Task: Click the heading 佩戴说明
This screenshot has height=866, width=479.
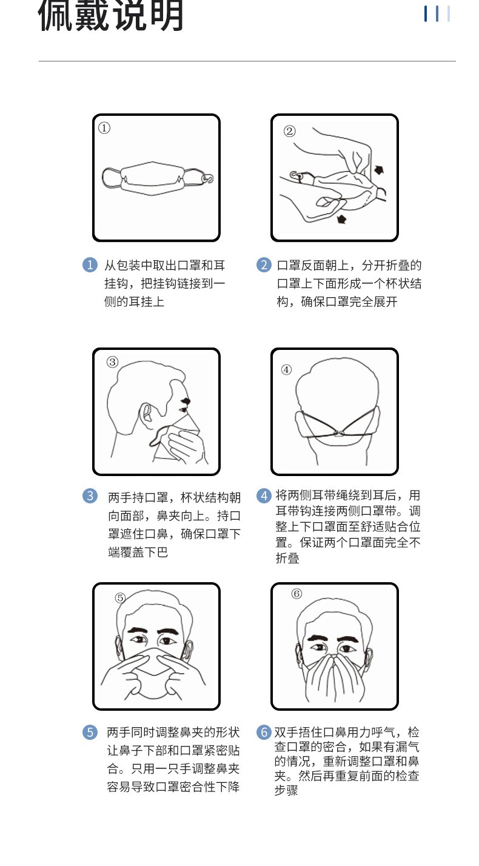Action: click(x=110, y=16)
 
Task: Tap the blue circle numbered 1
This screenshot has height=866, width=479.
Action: click(x=90, y=265)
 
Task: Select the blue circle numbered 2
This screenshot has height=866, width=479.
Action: click(x=264, y=265)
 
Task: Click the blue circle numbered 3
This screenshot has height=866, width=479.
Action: click(x=90, y=496)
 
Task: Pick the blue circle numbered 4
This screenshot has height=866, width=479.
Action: click(x=264, y=495)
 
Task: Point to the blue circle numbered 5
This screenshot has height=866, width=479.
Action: click(x=90, y=732)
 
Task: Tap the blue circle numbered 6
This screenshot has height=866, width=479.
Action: click(x=264, y=732)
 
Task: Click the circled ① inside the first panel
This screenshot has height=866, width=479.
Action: click(x=104, y=128)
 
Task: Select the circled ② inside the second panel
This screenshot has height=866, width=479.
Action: click(x=290, y=132)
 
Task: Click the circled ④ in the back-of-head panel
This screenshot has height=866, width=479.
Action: click(x=286, y=369)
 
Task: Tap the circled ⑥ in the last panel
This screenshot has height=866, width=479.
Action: click(x=296, y=594)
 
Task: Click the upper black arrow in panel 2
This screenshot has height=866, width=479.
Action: click(x=379, y=169)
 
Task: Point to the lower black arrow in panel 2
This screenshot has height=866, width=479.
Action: click(x=341, y=219)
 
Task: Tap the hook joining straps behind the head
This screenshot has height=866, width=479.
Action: click(x=339, y=434)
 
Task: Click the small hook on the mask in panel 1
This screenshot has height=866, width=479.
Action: click(x=209, y=178)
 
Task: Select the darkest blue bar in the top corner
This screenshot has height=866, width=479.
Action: click(x=426, y=13)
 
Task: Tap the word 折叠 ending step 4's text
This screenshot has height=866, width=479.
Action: click(x=287, y=558)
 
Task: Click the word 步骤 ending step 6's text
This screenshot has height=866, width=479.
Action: click(x=286, y=790)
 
